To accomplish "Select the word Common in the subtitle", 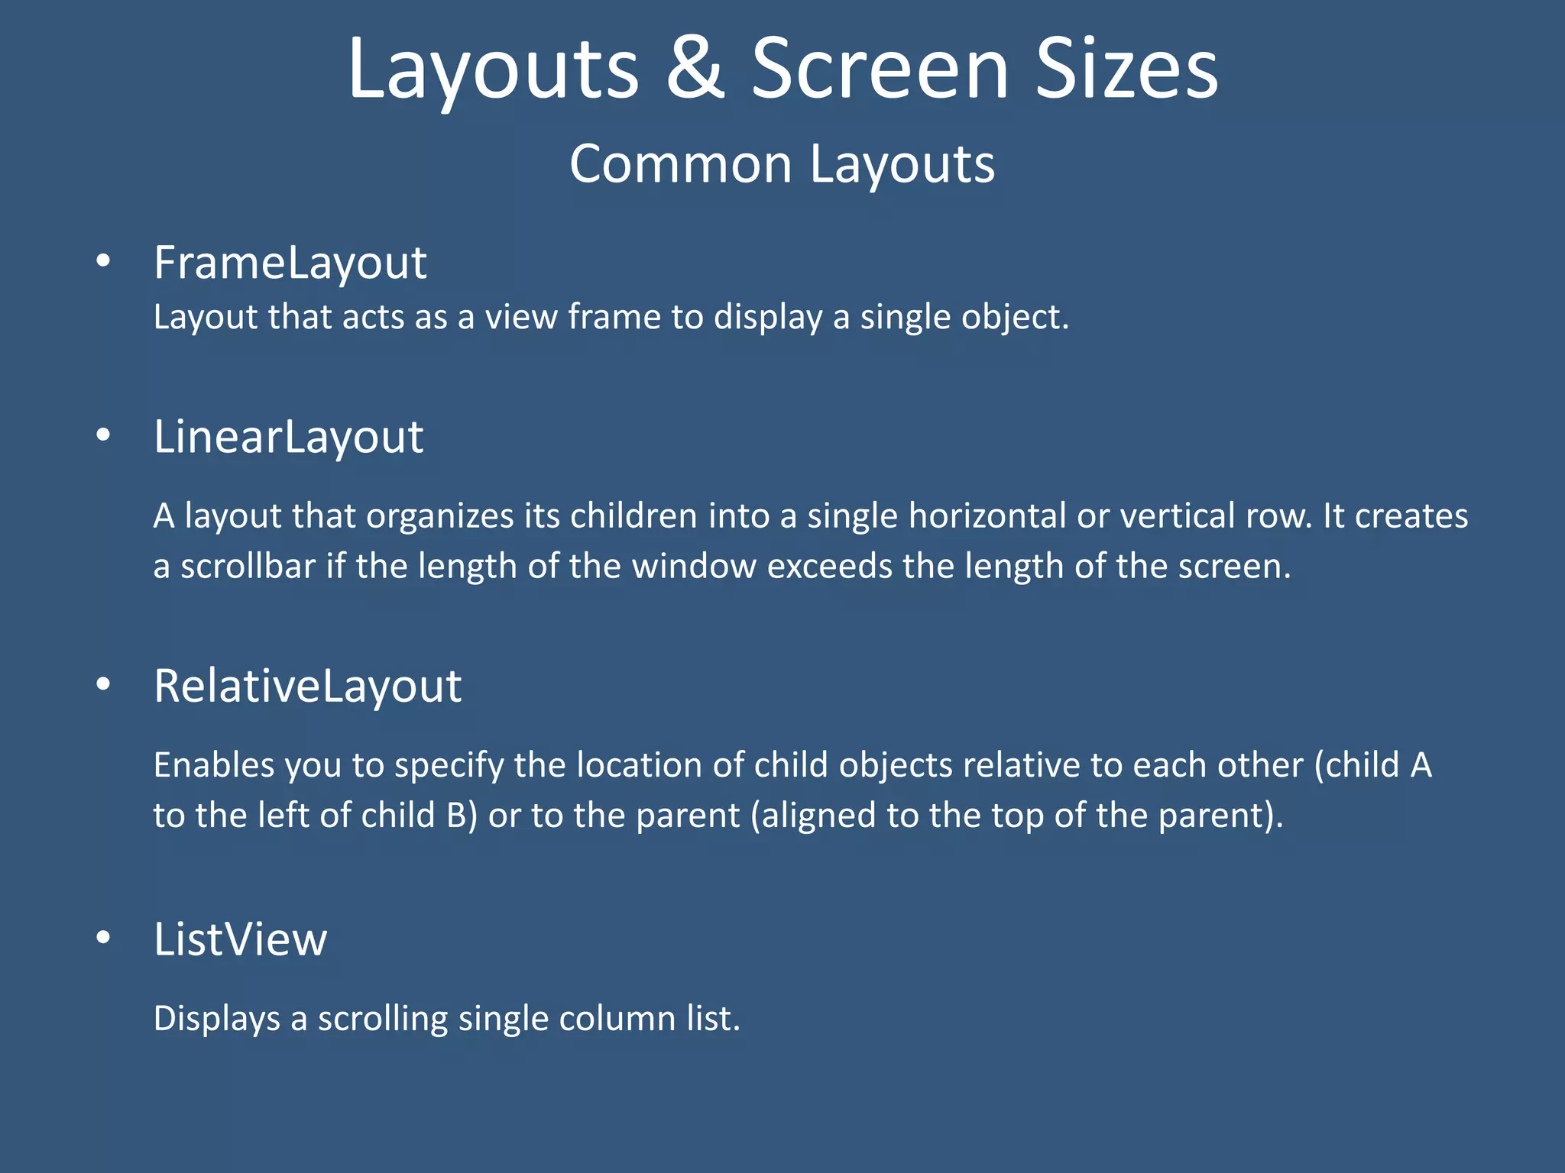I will tap(680, 164).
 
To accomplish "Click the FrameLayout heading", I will tap(290, 263).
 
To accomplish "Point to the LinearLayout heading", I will tap(288, 437).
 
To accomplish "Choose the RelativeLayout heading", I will tap(307, 685).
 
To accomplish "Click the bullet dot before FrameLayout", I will tap(103, 262).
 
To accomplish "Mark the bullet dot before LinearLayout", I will tap(103, 435).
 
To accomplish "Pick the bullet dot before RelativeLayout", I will tap(103, 684).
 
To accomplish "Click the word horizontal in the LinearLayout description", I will tap(987, 515).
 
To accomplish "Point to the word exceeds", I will tap(829, 567).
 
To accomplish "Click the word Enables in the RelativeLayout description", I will tap(214, 765).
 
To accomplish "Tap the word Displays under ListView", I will tap(217, 1019).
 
